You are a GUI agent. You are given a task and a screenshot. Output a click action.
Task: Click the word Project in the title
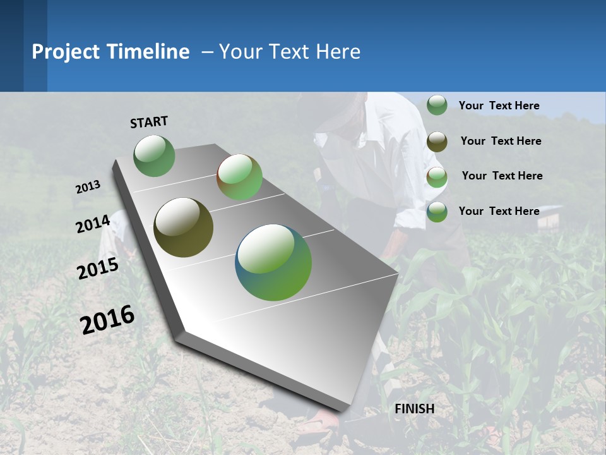[x=66, y=52]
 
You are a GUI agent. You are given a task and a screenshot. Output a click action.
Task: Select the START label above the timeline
[x=149, y=122]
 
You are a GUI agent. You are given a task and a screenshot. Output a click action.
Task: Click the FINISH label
[x=414, y=409]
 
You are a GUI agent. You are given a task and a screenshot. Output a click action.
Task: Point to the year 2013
[x=88, y=187]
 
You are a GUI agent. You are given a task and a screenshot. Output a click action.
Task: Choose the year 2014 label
[x=93, y=224]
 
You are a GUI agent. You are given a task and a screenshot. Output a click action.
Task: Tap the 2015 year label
[x=98, y=269]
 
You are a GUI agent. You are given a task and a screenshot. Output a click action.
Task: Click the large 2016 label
[x=107, y=320]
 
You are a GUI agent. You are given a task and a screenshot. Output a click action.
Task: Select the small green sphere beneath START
[x=154, y=155]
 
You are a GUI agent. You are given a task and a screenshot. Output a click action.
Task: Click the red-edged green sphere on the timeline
[x=239, y=177]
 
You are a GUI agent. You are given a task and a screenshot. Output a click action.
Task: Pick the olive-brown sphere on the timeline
[x=183, y=227]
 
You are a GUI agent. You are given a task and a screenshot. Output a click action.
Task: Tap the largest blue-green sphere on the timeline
[x=273, y=262]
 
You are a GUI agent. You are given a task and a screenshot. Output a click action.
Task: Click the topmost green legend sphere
[x=437, y=105]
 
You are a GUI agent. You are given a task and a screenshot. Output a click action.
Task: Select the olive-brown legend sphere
[x=437, y=142]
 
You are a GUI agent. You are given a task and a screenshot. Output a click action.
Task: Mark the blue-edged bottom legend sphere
[x=437, y=212]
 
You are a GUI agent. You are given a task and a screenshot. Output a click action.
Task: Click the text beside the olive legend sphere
[x=501, y=141]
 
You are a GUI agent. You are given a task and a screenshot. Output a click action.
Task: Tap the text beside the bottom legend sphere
[x=499, y=211]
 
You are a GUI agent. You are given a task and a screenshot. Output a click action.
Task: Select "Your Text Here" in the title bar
[x=289, y=52]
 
